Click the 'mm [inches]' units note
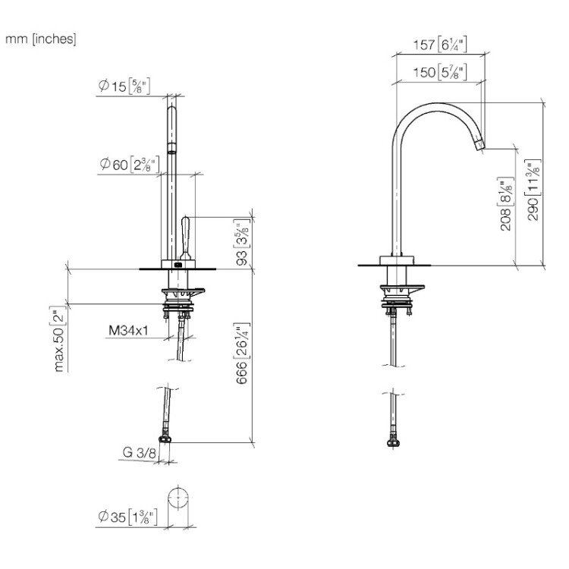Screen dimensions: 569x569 [x=41, y=39]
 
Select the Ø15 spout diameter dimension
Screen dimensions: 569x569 [x=124, y=86]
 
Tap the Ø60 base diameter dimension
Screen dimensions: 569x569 [x=129, y=164]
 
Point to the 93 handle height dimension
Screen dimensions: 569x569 [x=243, y=242]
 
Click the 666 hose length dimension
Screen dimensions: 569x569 [x=243, y=354]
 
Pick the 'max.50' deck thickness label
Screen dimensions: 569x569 [x=58, y=339]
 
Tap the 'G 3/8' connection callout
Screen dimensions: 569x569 [x=140, y=452]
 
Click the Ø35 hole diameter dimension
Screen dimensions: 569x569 [x=127, y=517]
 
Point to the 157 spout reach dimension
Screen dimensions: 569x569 [x=440, y=45]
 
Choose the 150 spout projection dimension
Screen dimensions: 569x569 [x=440, y=72]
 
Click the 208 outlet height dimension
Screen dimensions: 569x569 [x=506, y=204]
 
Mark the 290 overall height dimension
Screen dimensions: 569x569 [x=533, y=190]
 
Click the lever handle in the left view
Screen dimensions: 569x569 [x=185, y=238]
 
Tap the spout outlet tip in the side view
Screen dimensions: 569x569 [x=479, y=144]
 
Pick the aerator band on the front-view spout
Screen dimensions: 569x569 [x=171, y=147]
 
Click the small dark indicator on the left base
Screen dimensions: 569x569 [x=178, y=265]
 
